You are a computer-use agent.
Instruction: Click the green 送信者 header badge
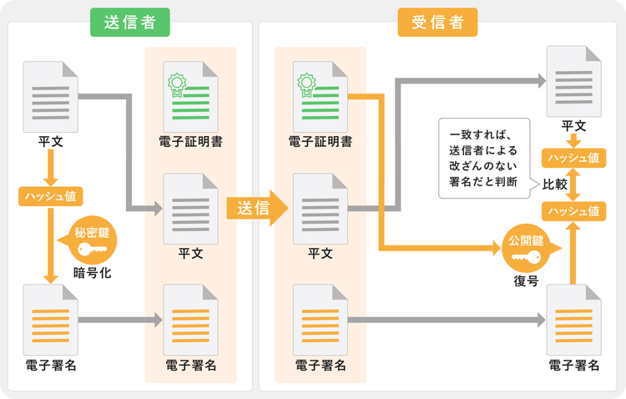[x=130, y=23]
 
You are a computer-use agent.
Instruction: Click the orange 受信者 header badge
[x=437, y=23]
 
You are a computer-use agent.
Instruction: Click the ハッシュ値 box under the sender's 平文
[x=51, y=196]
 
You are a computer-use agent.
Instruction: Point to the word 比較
[x=555, y=184]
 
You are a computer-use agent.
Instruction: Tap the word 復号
[x=526, y=280]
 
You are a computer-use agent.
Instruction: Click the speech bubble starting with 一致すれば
[x=484, y=159]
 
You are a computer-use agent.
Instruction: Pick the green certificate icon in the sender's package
[x=190, y=96]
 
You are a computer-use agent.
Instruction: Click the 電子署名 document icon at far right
[x=573, y=320]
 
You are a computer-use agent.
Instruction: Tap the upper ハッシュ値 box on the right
[x=573, y=157]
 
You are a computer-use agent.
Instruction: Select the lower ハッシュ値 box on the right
[x=573, y=211]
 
